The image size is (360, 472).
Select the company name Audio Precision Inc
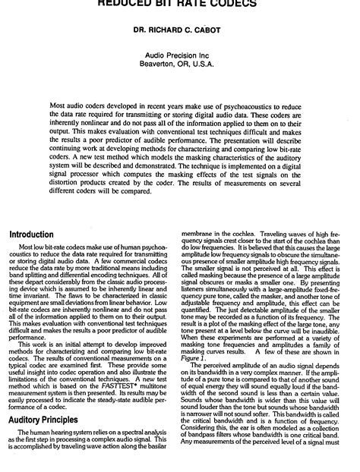click(x=179, y=55)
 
